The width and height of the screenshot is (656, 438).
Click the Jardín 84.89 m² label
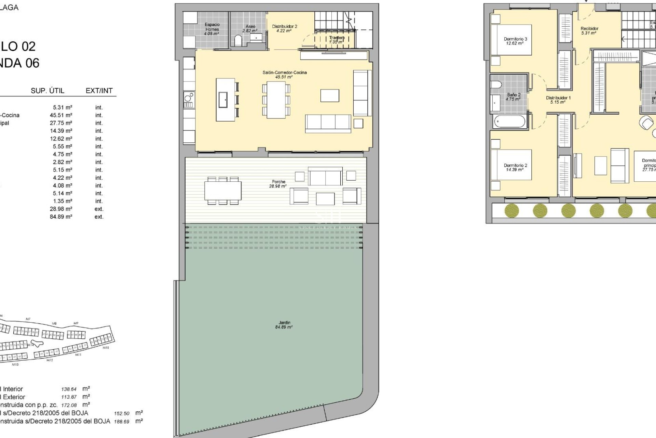[x=284, y=325]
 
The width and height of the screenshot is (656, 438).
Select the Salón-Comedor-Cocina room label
[x=285, y=75]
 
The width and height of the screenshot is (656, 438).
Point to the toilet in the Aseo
[x=238, y=41]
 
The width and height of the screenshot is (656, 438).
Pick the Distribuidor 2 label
[x=284, y=28]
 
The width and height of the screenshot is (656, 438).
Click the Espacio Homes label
[x=212, y=29]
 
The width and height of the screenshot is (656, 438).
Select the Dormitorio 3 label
[x=515, y=41]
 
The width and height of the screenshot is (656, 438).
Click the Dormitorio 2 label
[x=515, y=167]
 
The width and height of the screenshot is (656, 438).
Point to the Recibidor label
[x=589, y=31]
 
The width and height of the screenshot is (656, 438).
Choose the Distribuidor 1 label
[x=558, y=100]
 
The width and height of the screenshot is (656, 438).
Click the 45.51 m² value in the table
[x=61, y=115]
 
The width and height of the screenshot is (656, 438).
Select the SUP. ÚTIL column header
[x=47, y=91]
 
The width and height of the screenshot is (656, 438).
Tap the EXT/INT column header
[x=99, y=91]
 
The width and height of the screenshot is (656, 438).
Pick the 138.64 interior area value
[x=69, y=389]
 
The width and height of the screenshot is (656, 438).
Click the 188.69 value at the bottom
[x=122, y=422]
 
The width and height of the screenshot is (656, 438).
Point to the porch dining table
[x=223, y=191]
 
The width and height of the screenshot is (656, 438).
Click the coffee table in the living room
[x=330, y=95]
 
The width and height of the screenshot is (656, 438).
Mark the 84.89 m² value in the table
[x=61, y=217]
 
